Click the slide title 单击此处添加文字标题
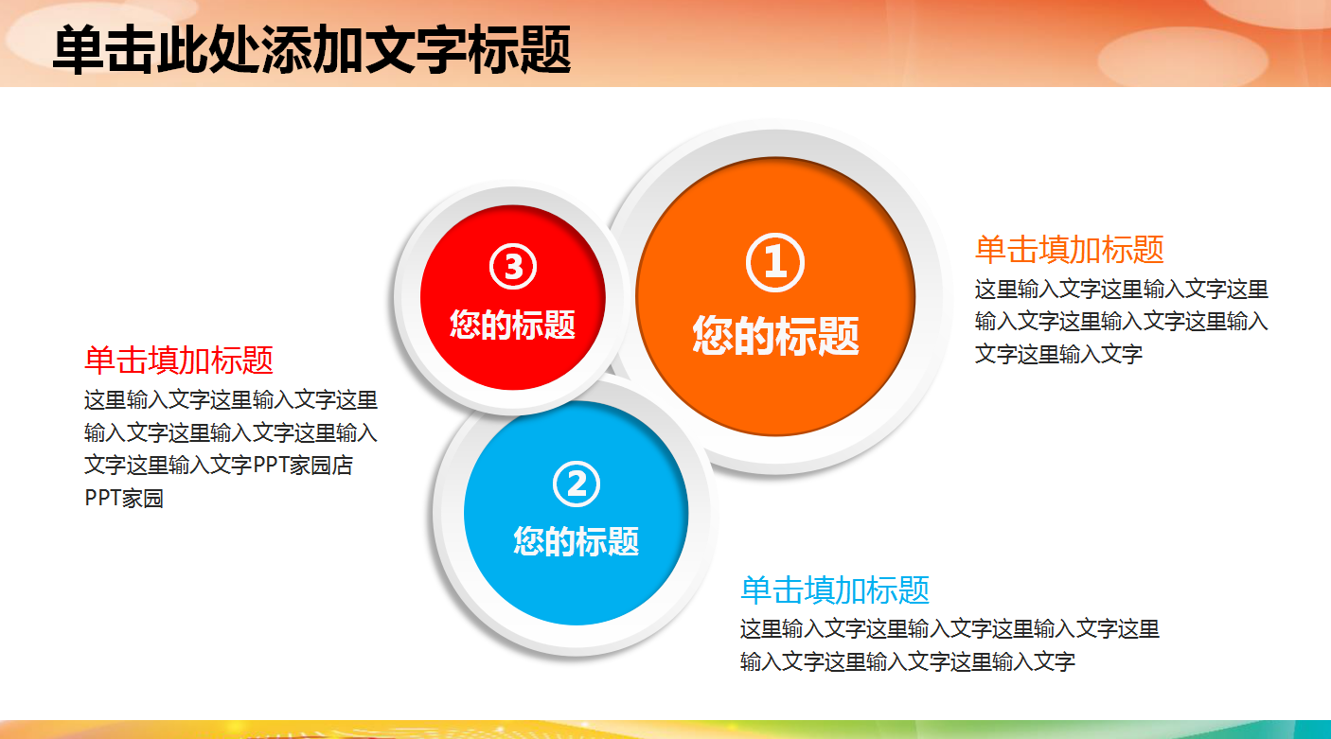[311, 49]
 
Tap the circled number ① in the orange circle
[775, 263]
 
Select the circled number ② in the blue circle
[577, 484]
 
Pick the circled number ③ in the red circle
[513, 268]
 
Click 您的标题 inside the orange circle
[775, 335]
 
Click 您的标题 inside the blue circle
[577, 540]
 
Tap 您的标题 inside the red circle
[513, 325]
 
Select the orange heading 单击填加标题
[1069, 250]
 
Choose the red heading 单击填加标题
[179, 361]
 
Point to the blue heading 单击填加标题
[834, 590]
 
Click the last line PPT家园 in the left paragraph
[124, 499]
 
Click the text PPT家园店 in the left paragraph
[303, 466]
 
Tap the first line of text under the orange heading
[1121, 290]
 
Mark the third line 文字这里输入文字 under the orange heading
[1058, 355]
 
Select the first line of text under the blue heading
[949, 629]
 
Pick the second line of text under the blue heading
[907, 662]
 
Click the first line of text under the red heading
[231, 400]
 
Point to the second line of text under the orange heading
[1121, 322]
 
